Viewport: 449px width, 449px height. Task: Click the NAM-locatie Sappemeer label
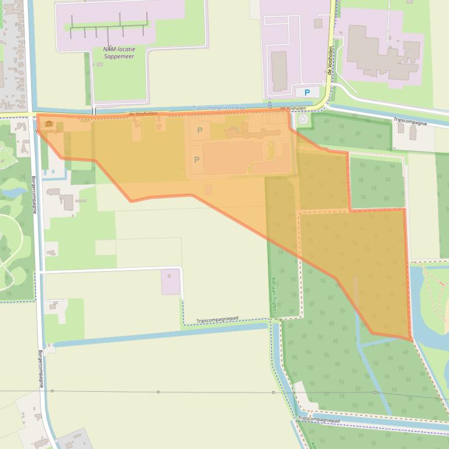pos(119,52)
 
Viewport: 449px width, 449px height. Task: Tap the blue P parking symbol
pos(307,92)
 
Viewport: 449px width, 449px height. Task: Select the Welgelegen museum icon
pos(49,124)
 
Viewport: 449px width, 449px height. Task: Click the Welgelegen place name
pos(49,131)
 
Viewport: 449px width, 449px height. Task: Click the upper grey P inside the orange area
pos(200,131)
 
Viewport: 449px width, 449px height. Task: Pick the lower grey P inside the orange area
pos(197,159)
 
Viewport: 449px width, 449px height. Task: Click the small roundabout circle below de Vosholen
pos(302,120)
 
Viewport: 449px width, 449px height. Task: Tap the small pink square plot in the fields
pos(170,281)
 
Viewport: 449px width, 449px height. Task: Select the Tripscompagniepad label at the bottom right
pos(318,419)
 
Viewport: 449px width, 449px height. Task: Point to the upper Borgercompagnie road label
pos(34,194)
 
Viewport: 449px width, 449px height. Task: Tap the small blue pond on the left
pos(13,191)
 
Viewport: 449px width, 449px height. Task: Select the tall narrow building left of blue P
pos(279,71)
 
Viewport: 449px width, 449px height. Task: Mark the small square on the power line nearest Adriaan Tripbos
pos(273,392)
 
